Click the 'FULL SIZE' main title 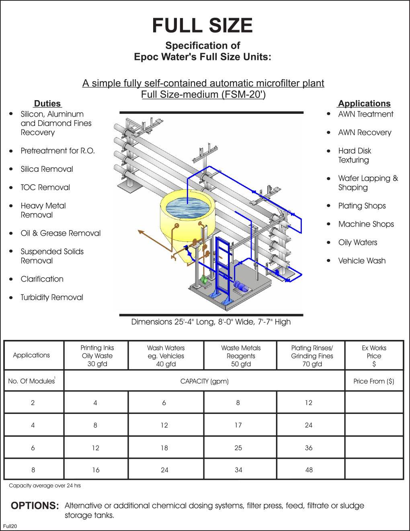[x=202, y=26]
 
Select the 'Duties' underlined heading [x=47, y=103]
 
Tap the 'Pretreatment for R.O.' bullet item [x=57, y=151]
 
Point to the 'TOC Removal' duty [x=45, y=187]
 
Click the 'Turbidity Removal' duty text [x=52, y=297]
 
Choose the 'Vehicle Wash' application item [x=362, y=261]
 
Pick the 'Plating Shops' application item [x=362, y=206]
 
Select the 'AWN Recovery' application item [x=365, y=133]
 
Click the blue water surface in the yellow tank [x=188, y=205]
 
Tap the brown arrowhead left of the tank [x=141, y=232]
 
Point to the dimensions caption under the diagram [x=211, y=322]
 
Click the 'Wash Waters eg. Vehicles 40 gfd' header [x=166, y=356]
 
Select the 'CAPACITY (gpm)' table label [x=204, y=381]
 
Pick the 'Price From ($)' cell [x=374, y=381]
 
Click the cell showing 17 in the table [x=238, y=425]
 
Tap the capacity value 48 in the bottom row [x=309, y=470]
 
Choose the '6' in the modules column [x=33, y=448]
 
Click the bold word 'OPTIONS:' [x=35, y=506]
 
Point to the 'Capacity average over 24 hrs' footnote [x=45, y=486]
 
